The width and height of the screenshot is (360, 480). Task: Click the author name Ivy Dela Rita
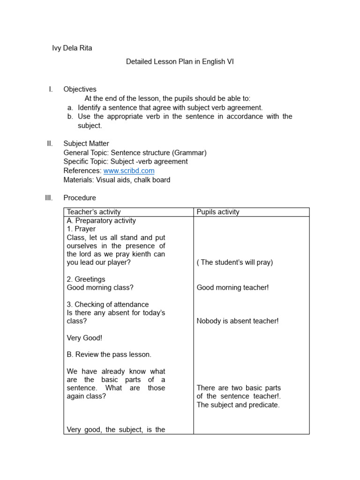click(72, 48)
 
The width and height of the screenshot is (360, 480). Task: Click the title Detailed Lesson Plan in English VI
click(180, 61)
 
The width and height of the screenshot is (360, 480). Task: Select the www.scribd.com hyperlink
click(129, 171)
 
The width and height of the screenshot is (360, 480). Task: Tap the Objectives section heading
click(80, 89)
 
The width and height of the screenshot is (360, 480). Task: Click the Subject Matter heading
click(86, 143)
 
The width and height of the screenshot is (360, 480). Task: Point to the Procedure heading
click(80, 198)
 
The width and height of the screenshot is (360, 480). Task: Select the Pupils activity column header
click(218, 212)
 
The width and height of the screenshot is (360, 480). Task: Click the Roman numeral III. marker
click(49, 198)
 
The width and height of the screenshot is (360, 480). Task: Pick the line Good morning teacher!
click(232, 287)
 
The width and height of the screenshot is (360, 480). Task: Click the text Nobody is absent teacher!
click(238, 321)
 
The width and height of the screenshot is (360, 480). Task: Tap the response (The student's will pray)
click(234, 262)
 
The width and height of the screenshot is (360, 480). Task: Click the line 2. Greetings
click(86, 279)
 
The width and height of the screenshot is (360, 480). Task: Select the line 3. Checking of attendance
click(108, 304)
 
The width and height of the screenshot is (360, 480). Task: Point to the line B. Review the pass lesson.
click(109, 354)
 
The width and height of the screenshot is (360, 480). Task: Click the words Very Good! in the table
click(84, 337)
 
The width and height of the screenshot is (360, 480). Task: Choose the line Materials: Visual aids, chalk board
click(117, 180)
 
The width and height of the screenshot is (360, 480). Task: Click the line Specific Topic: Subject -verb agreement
click(125, 162)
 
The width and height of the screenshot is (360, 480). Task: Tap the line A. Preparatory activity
click(101, 220)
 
